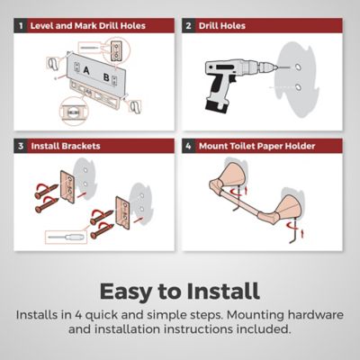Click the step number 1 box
(21, 26)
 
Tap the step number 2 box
(188, 26)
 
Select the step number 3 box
(21, 146)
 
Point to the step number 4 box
(188, 146)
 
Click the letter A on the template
(86, 71)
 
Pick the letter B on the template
(106, 77)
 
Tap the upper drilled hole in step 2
(298, 67)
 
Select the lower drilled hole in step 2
(298, 87)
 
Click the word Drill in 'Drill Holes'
(209, 26)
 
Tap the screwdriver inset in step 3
(67, 237)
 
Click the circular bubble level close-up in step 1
(74, 112)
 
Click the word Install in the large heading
(223, 291)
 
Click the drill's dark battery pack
(217, 105)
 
